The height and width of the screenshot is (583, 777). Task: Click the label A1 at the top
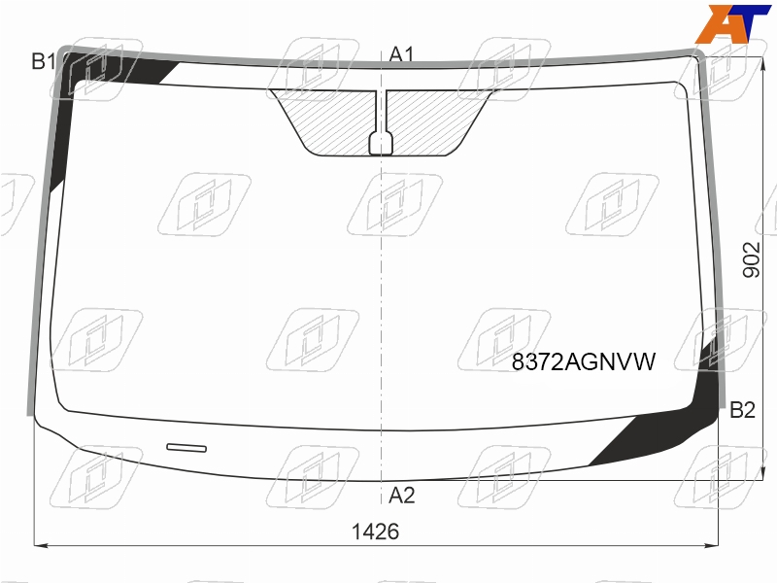pos(401,54)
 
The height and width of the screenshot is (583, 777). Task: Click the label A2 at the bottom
pos(401,496)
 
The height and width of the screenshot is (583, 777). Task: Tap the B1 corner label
pos(44,61)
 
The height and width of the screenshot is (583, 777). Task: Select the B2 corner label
pos(742,410)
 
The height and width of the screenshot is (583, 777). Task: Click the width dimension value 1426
pos(375,532)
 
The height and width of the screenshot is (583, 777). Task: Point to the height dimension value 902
pos(751,259)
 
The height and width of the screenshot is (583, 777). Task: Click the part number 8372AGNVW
pos(584,361)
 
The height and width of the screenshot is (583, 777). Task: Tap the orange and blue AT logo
pos(733,23)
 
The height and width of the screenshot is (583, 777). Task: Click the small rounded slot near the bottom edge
pos(186,448)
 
